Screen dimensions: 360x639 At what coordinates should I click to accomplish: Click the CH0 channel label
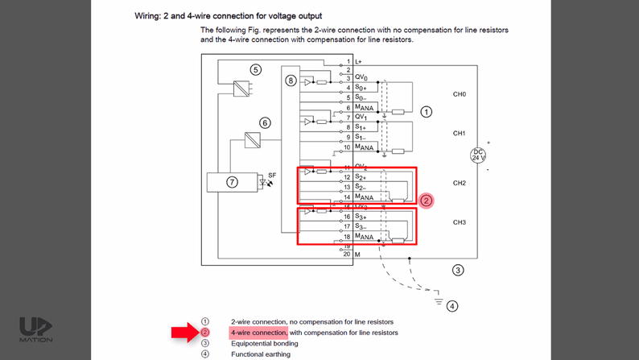tap(460, 94)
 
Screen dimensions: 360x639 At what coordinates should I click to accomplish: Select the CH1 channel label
tap(460, 133)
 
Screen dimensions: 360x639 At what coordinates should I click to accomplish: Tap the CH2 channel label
tap(460, 183)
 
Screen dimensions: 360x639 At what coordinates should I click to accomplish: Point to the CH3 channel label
tap(460, 221)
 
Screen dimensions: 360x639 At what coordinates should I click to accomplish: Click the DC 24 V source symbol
tap(478, 155)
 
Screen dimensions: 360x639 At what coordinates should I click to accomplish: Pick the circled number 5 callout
tap(256, 70)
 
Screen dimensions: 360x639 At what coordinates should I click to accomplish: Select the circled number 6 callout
tap(265, 123)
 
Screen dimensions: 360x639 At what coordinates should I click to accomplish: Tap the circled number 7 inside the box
tap(232, 182)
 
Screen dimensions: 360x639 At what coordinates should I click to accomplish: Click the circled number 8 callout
tap(291, 81)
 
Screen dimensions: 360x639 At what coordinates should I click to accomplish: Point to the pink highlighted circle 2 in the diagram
tap(427, 201)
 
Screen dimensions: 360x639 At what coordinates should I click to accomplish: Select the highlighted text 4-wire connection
tap(258, 332)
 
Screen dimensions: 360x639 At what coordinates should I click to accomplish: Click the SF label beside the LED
tap(272, 174)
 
